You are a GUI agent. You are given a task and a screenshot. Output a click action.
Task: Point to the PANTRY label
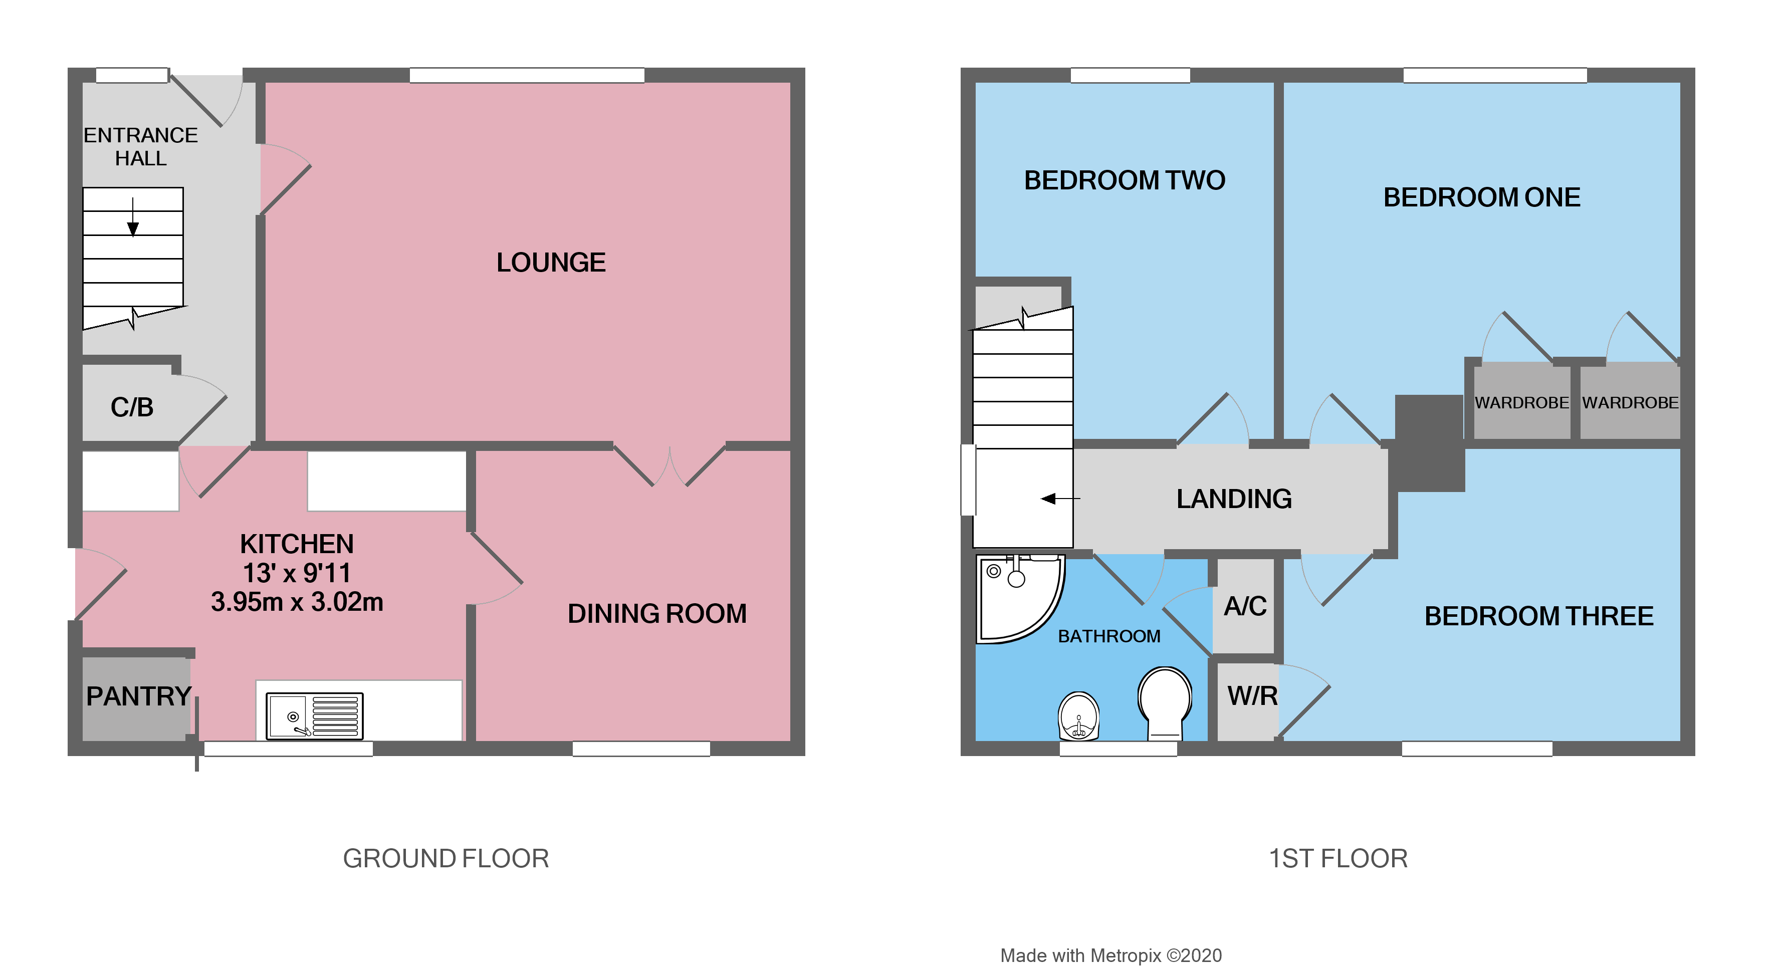pos(138,696)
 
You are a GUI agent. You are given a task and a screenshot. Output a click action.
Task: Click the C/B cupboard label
pos(131,407)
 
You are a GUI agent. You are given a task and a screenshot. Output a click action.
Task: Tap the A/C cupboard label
pos(1245,606)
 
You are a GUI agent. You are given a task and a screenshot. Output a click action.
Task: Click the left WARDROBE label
pos(1521,403)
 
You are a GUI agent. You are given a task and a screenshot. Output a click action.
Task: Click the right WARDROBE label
pos(1630,403)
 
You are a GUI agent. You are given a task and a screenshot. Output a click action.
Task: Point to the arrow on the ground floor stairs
pos(133,218)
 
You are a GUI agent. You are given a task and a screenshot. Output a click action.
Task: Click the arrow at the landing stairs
pos(1059,499)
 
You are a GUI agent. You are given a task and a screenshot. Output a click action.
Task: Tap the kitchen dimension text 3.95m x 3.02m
pos(297,602)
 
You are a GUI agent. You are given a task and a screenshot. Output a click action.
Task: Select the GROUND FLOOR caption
pos(446,858)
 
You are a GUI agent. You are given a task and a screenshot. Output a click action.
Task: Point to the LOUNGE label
pos(551,263)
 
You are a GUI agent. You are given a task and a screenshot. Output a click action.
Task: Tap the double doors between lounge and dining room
pos(670,465)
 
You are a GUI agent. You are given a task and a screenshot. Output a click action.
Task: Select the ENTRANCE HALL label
pos(140,147)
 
